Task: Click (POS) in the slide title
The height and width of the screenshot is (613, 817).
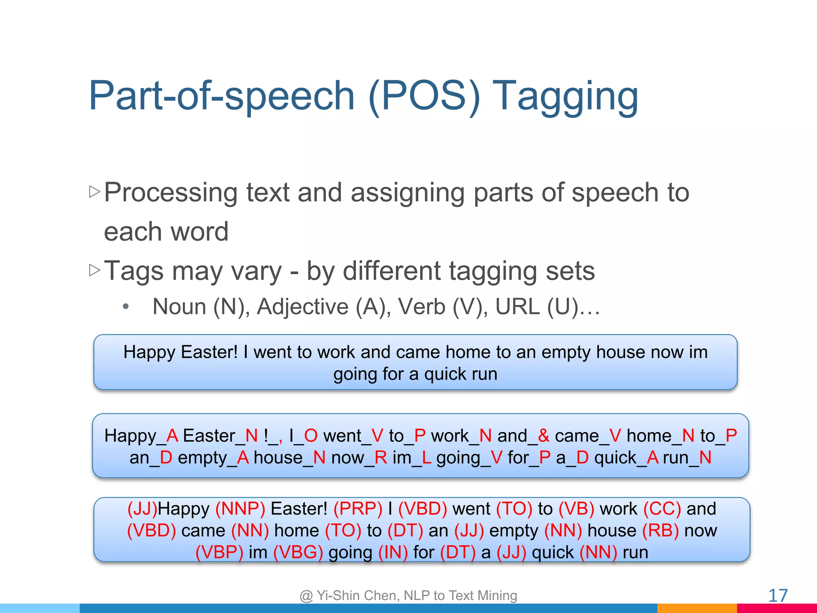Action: (x=424, y=96)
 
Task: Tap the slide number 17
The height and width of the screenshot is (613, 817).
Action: (x=778, y=595)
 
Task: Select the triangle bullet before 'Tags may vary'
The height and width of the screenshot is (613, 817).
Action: (x=95, y=270)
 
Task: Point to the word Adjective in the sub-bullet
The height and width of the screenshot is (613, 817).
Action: (x=303, y=307)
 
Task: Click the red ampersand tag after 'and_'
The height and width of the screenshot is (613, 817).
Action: (x=543, y=435)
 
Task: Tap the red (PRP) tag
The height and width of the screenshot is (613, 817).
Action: (x=358, y=509)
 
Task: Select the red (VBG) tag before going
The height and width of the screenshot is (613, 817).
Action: (x=298, y=552)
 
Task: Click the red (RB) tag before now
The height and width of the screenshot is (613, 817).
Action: (x=660, y=531)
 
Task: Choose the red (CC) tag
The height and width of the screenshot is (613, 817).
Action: (x=662, y=509)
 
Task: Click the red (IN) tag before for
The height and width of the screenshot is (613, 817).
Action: (x=393, y=552)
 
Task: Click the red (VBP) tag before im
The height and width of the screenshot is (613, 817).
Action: (x=219, y=552)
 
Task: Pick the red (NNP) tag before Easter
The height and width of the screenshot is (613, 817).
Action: (x=240, y=509)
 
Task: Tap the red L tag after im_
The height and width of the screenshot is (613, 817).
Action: (x=426, y=457)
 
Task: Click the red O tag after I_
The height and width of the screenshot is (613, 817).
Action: (x=311, y=435)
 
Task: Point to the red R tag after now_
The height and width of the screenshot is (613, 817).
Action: (x=381, y=457)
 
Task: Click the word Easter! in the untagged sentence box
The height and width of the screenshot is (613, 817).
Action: (x=209, y=352)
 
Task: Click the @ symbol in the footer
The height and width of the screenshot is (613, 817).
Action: (x=306, y=596)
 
